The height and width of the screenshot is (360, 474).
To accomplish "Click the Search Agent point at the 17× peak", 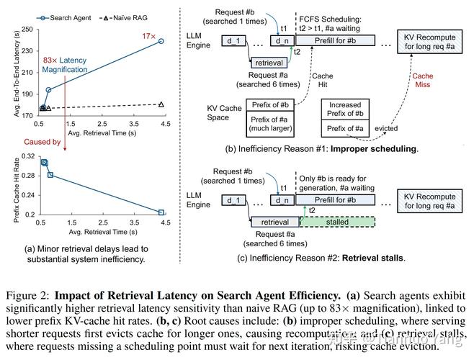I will click(161, 41).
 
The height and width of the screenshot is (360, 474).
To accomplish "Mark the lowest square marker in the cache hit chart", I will click(161, 212).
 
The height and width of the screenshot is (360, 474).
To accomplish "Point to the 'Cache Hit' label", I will click(317, 80).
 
